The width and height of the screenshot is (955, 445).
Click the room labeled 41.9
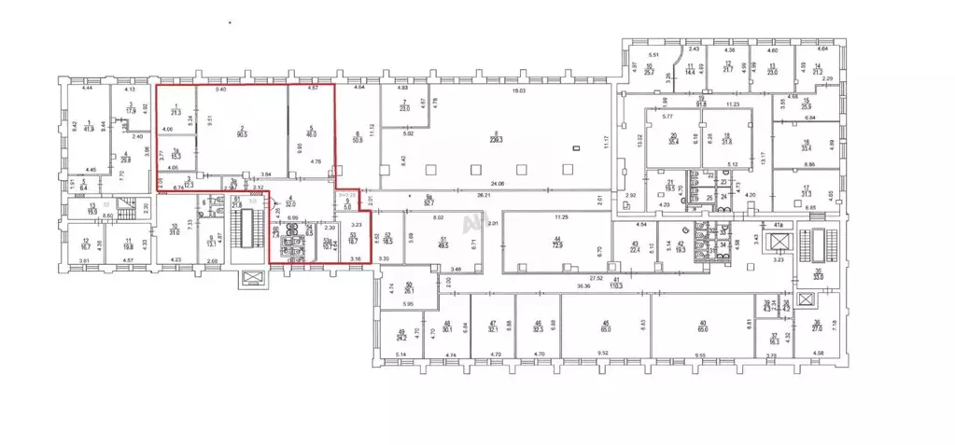[x=89, y=128]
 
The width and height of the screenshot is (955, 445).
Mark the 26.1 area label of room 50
[x=409, y=290]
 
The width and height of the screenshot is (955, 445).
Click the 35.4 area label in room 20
[x=675, y=143]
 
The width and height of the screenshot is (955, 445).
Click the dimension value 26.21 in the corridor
[x=510, y=196]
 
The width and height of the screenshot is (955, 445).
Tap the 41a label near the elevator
[x=778, y=224]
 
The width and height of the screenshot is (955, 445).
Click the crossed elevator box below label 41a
[x=779, y=244]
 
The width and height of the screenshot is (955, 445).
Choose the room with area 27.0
[x=816, y=328]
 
